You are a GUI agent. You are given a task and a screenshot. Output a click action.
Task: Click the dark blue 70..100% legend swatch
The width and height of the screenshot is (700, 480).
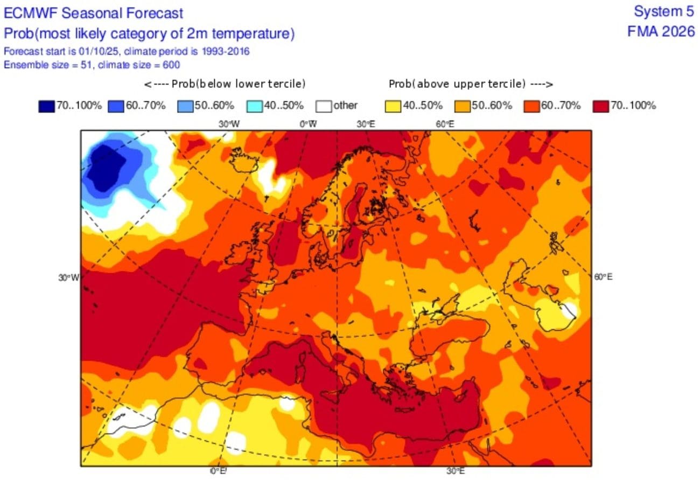(47, 106)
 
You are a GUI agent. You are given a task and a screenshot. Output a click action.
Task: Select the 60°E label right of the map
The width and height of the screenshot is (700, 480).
(603, 277)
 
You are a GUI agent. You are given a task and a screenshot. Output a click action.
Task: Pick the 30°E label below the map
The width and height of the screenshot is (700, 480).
(456, 471)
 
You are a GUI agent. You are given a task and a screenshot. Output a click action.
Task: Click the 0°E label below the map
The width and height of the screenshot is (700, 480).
(218, 471)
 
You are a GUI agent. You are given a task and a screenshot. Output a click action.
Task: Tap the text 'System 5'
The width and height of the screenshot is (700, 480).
(664, 12)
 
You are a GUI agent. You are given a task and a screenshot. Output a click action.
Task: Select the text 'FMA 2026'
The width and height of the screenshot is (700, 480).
(661, 32)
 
